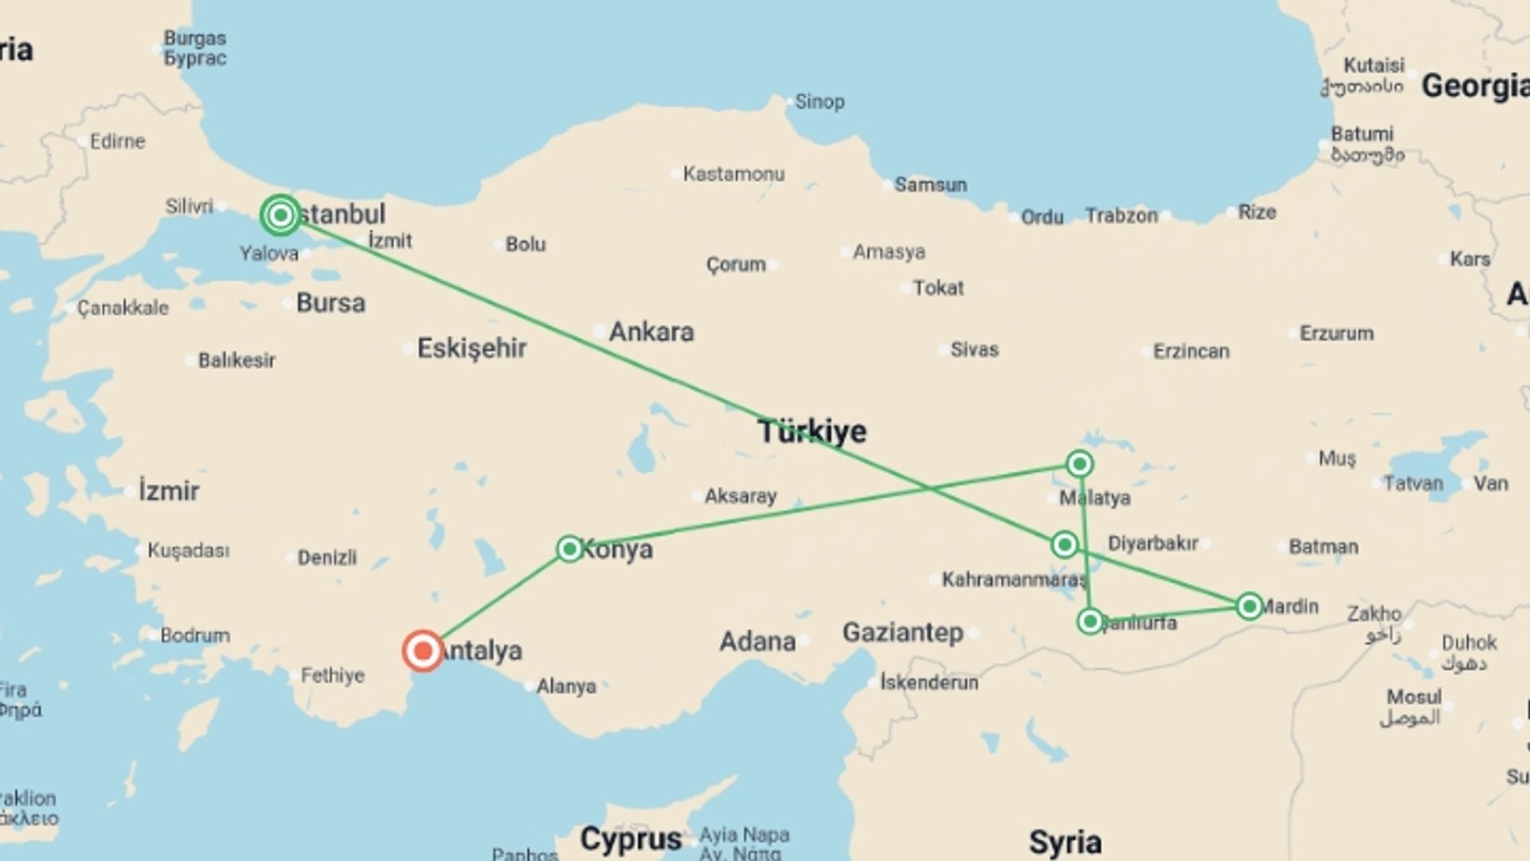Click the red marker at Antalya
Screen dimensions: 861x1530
coord(422,651)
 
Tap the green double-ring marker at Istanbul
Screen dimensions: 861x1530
coord(280,214)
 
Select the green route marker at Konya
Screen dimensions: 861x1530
coord(569,548)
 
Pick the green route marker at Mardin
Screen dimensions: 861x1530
coord(1249,607)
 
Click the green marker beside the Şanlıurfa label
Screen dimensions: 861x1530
coord(1090,621)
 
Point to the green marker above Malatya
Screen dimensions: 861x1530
coord(1079,463)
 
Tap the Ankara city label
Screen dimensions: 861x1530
coord(651,332)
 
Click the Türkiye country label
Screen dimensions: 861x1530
coord(812,431)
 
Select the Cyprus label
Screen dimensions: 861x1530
coord(630,839)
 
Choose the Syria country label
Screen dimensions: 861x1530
coord(1065,842)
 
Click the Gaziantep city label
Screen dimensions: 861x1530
coord(902,633)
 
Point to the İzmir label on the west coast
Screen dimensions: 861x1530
coord(169,491)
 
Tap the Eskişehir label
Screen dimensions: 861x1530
coord(472,348)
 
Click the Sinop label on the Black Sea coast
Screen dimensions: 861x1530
coord(819,102)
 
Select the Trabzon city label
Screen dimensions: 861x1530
coord(1120,215)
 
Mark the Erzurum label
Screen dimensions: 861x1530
coord(1336,333)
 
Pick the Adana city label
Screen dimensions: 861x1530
coord(757,642)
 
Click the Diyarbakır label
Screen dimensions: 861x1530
coord(1152,544)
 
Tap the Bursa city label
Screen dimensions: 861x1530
coord(331,303)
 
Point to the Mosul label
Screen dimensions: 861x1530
coord(1414,698)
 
